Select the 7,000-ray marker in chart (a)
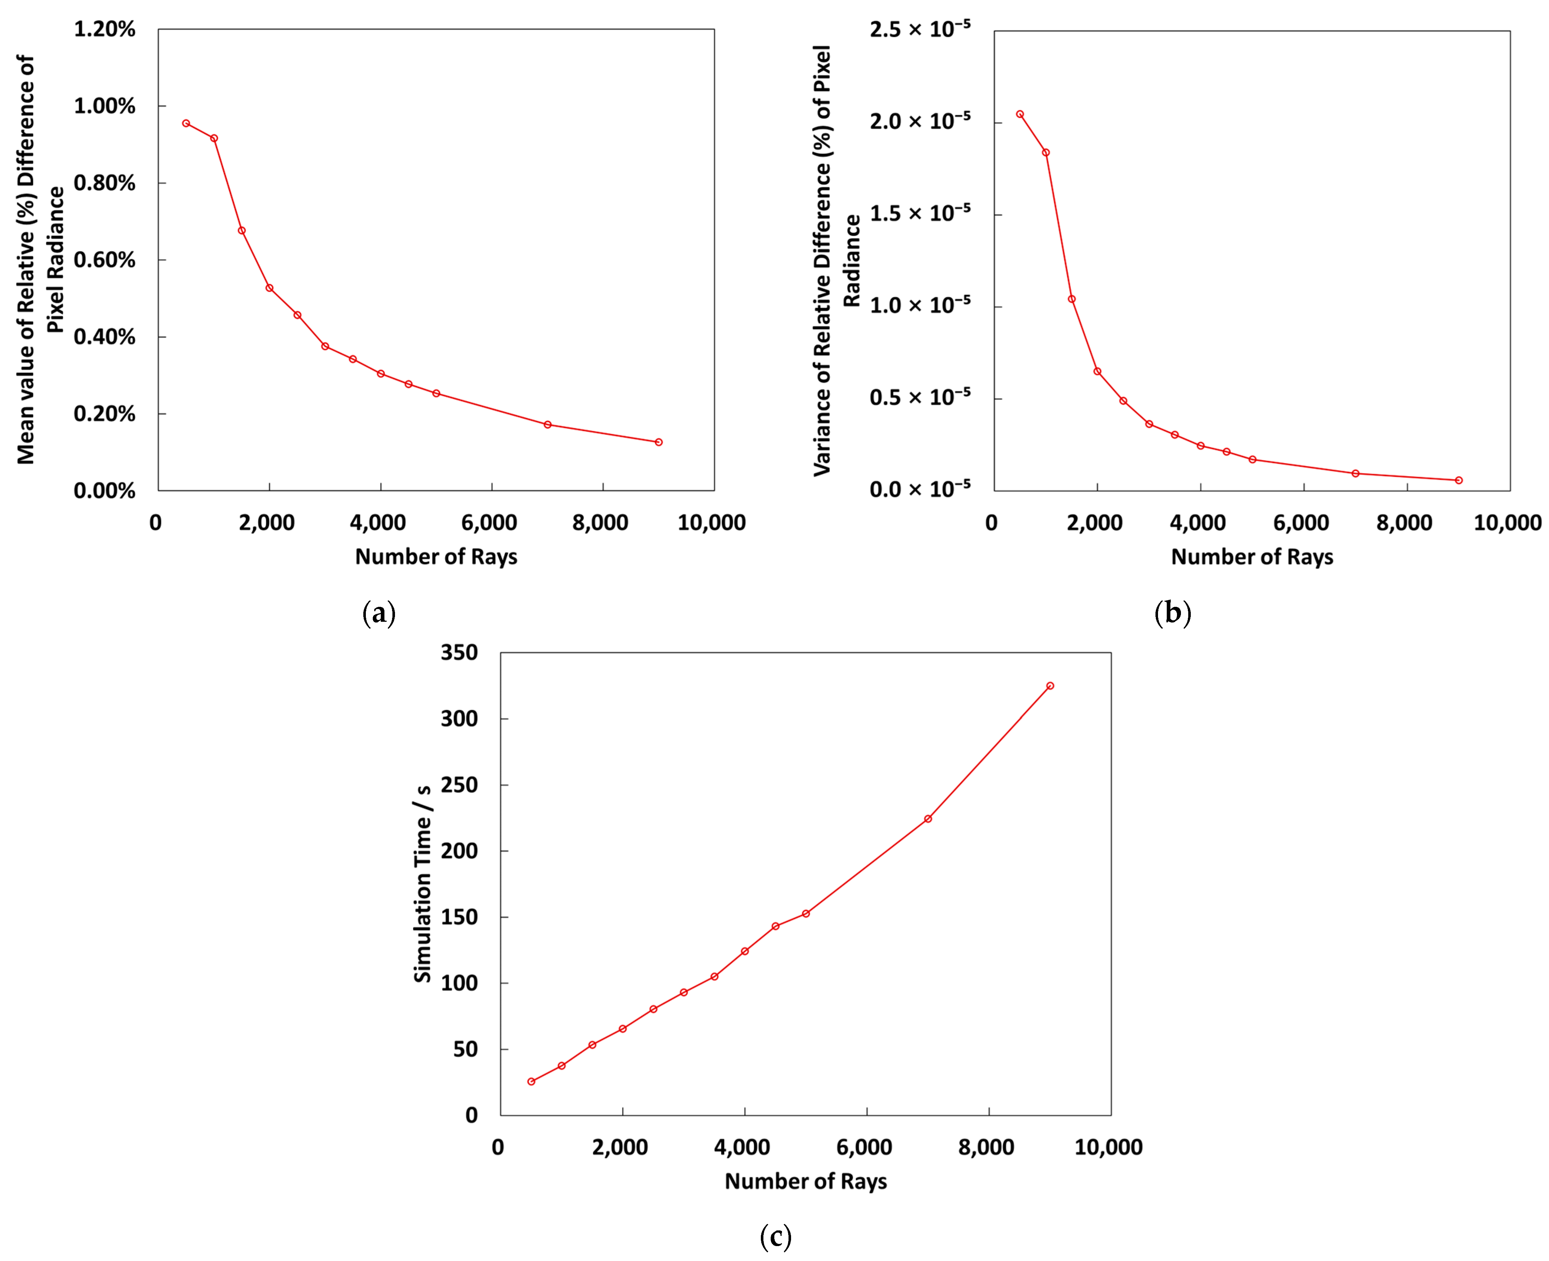pyautogui.click(x=548, y=424)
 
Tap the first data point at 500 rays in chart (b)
pyautogui.click(x=1020, y=114)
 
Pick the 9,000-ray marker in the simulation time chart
pyautogui.click(x=1050, y=686)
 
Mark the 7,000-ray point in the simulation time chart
pyautogui.click(x=927, y=819)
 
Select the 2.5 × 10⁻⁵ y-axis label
pyautogui.click(x=919, y=29)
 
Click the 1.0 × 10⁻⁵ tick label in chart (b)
pyautogui.click(x=919, y=305)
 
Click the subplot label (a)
pyautogui.click(x=378, y=614)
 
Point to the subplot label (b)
pyautogui.click(x=1172, y=614)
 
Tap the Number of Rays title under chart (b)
pyautogui.click(x=1252, y=557)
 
